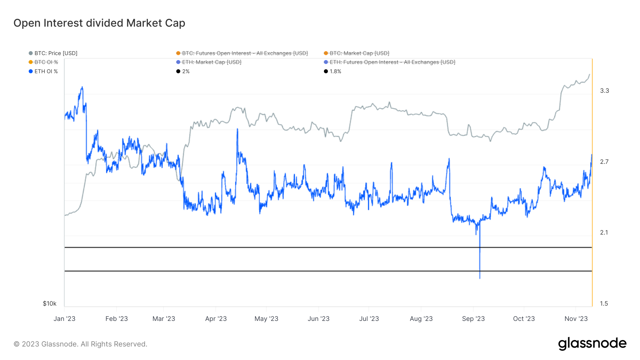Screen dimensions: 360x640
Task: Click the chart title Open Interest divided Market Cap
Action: [99, 23]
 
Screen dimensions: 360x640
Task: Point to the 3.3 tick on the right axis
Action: [604, 91]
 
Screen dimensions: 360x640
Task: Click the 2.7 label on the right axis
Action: [604, 162]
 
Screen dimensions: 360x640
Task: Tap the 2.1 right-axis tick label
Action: [604, 232]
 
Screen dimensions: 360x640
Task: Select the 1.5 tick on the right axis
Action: [604, 303]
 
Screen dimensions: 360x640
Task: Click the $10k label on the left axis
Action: [50, 303]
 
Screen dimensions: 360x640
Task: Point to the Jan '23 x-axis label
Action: [64, 319]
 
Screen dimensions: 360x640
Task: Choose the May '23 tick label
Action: [266, 319]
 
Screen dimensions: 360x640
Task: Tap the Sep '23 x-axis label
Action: [473, 319]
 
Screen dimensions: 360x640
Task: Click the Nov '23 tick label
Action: [576, 319]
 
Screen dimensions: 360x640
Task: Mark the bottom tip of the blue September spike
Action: [480, 278]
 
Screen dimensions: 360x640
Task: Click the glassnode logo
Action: [592, 344]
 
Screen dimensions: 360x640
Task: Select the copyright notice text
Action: [80, 344]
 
